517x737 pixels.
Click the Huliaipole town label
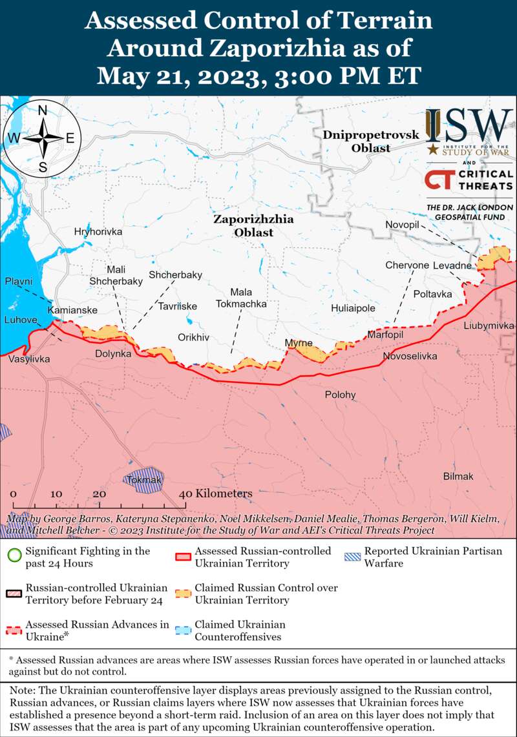coord(353,308)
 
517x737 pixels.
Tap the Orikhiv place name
coord(194,337)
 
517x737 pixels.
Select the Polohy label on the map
coord(340,395)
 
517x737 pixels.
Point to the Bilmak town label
coord(458,476)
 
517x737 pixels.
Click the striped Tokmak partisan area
coord(143,479)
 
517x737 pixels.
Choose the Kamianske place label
coord(72,311)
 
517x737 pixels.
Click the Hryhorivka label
coord(98,231)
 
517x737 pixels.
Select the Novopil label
coord(403,223)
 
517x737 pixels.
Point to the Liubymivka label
coord(489,326)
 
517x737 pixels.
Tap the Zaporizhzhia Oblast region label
coord(253,225)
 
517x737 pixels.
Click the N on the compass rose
coord(43,110)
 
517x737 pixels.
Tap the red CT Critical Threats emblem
coord(439,179)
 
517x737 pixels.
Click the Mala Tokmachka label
coord(241,297)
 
